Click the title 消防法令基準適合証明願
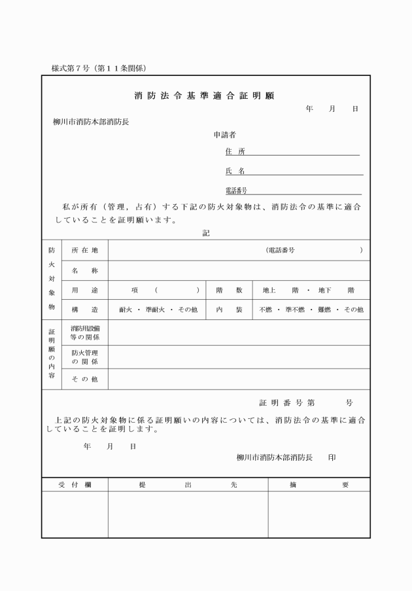(x=204, y=96)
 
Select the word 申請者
(x=224, y=135)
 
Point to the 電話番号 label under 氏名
(x=236, y=190)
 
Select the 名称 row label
(x=84, y=270)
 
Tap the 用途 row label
(x=84, y=290)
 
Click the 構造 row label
(x=84, y=310)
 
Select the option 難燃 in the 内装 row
(x=324, y=310)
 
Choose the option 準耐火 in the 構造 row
(x=158, y=310)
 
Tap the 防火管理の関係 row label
(x=84, y=357)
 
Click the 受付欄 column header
(x=75, y=485)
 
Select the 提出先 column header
(x=188, y=485)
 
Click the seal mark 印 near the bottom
(x=332, y=457)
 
